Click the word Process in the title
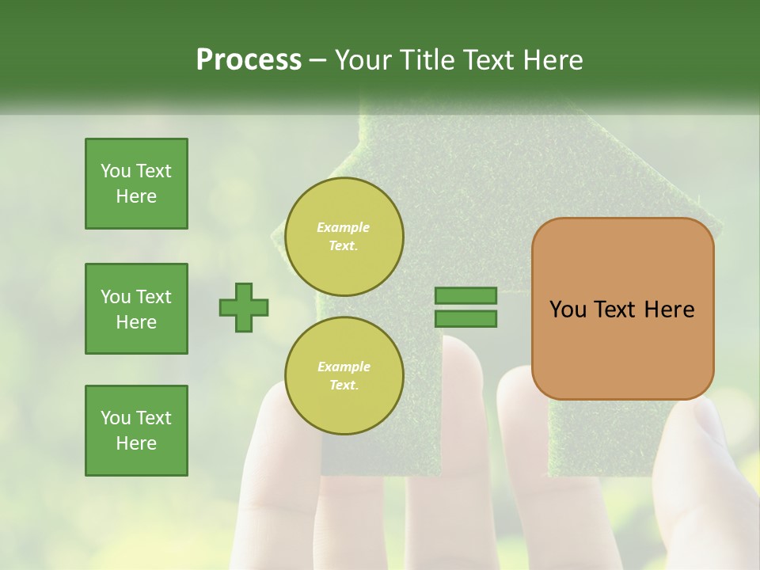click(249, 60)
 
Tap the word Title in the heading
click(428, 60)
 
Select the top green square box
click(136, 184)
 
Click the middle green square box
click(136, 309)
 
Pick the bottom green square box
click(136, 431)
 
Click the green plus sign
click(244, 307)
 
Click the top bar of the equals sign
click(465, 295)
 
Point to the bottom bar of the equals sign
click(465, 319)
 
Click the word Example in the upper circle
click(344, 227)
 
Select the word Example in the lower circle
click(344, 367)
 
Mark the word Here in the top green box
click(136, 196)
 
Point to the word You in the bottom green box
click(116, 418)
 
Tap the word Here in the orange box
click(669, 310)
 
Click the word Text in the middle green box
click(154, 297)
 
